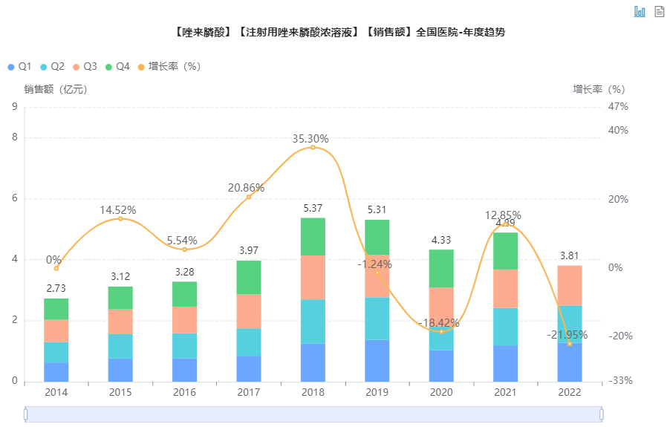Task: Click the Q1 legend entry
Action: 20,67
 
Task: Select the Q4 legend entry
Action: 118,67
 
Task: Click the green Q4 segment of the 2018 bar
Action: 313,236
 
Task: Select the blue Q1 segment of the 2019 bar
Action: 377,360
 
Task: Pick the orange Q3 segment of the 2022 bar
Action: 570,285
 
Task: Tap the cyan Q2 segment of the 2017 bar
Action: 249,342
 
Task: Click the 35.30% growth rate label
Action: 310,139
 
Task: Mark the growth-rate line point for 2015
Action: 120,218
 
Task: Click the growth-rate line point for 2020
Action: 441,331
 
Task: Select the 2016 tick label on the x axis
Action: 184,391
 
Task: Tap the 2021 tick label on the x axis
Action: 505,391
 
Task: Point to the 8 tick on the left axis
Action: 14,137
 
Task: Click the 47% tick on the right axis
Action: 618,107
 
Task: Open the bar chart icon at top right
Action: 640,11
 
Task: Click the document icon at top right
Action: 659,11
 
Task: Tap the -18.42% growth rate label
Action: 439,323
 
